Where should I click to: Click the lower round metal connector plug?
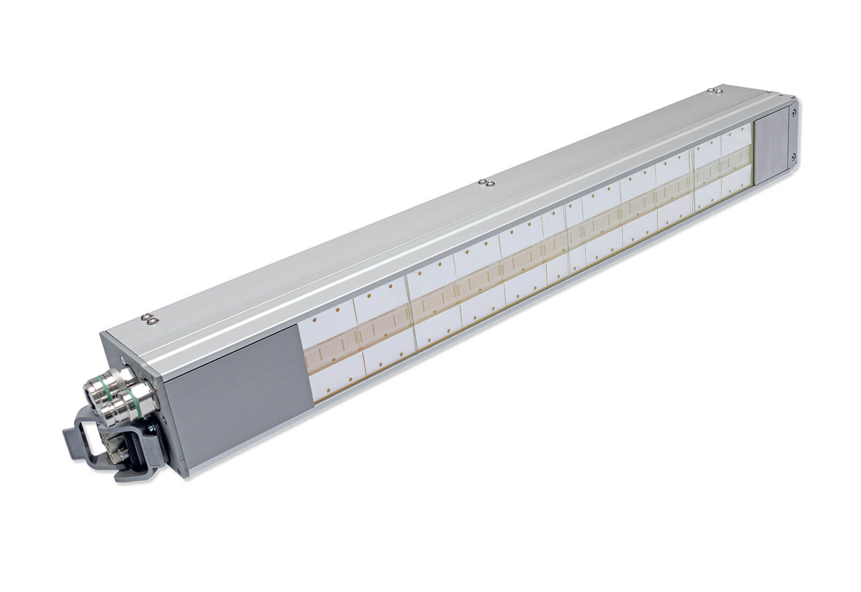119,405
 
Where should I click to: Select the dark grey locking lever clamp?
86,436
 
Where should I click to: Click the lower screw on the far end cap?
793,156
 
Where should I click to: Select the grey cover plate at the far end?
771,151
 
